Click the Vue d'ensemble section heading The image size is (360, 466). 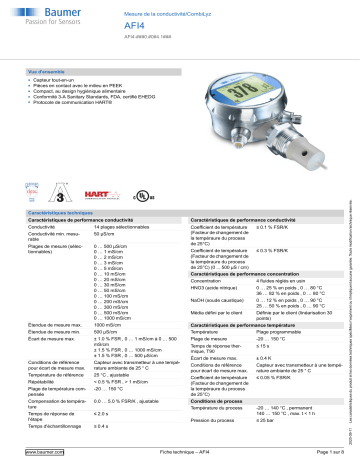click(x=45, y=72)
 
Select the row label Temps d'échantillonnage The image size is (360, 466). click(x=56, y=427)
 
